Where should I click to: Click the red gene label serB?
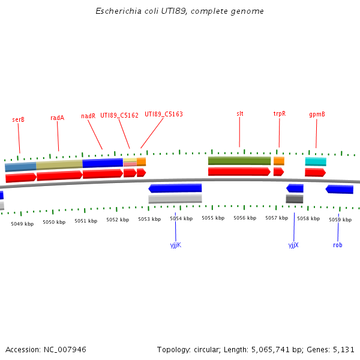[19, 119]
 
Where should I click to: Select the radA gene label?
[57, 118]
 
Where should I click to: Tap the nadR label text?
[88, 116]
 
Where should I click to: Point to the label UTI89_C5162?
[119, 115]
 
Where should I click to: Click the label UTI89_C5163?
[164, 114]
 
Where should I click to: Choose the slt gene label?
[240, 113]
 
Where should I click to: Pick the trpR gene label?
[280, 113]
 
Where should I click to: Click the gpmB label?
[317, 114]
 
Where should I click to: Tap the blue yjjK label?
[176, 245]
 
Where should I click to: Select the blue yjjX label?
[293, 245]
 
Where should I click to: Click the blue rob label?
[338, 245]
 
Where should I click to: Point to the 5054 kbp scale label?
[181, 219]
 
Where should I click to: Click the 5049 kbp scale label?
[22, 224]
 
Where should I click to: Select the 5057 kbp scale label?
[277, 218]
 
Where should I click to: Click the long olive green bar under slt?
[239, 161]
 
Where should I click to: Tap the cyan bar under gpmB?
[316, 161]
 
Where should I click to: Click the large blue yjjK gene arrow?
[175, 188]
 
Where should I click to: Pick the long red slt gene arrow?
[239, 172]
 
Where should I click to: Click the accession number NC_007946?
[64, 349]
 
